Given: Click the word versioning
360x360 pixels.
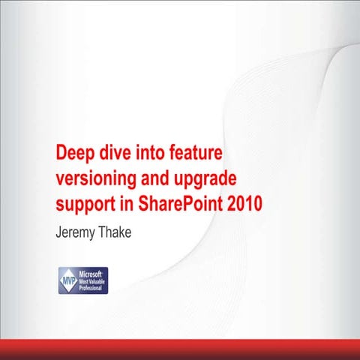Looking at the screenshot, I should coord(96,179).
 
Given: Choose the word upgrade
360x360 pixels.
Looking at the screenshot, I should coord(206,180).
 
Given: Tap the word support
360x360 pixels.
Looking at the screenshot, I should coord(85,204).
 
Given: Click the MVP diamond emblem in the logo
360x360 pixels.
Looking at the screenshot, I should coord(67,280).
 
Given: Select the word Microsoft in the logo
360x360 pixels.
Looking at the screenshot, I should coord(92,274).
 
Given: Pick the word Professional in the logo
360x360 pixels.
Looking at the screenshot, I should coord(94,288).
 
